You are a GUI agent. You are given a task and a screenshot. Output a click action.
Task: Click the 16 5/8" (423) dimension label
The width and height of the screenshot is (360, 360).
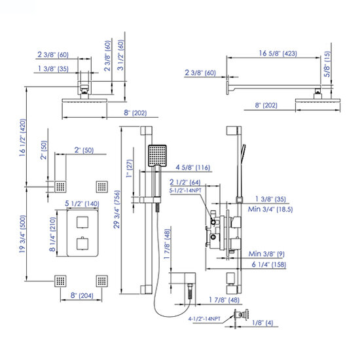278,54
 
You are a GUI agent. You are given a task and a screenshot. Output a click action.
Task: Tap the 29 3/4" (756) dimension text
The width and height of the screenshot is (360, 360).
117,209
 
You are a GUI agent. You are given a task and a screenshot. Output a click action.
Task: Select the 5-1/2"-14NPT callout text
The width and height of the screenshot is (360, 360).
185,190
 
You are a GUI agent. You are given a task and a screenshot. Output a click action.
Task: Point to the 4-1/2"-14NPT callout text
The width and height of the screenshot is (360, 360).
204,319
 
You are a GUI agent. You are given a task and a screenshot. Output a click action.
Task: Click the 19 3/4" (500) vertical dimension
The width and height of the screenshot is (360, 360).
22,234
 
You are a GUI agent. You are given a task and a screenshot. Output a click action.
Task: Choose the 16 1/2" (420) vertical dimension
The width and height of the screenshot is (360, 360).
22,137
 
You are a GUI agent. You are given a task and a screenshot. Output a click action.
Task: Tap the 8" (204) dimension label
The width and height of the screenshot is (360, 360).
82,295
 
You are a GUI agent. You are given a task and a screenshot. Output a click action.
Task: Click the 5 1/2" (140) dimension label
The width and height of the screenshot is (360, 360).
82,204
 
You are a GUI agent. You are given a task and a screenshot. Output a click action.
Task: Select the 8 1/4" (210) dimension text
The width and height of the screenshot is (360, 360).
52,234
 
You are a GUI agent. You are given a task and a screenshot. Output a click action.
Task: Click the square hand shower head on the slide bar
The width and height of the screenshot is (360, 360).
157,156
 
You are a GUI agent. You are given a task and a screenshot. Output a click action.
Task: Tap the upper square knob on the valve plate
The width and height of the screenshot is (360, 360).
82,222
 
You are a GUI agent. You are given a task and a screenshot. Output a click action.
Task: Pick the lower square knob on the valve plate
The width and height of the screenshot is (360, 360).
82,243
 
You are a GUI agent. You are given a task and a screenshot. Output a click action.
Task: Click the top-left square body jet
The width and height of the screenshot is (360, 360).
60,187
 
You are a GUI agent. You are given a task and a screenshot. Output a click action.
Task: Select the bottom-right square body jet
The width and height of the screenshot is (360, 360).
101,281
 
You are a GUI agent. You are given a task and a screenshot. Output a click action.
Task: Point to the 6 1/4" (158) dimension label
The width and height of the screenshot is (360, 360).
269,264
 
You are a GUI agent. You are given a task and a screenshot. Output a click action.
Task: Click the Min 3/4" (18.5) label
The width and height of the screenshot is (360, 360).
270,209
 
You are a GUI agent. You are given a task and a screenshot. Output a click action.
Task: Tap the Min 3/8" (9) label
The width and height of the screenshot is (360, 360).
266,254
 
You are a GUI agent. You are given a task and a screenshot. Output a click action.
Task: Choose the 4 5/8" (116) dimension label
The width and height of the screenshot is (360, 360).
193,168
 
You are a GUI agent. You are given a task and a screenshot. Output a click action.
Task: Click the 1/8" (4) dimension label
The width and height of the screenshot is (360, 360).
262,323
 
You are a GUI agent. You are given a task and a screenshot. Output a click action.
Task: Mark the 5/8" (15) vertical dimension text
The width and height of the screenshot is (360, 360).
327,64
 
